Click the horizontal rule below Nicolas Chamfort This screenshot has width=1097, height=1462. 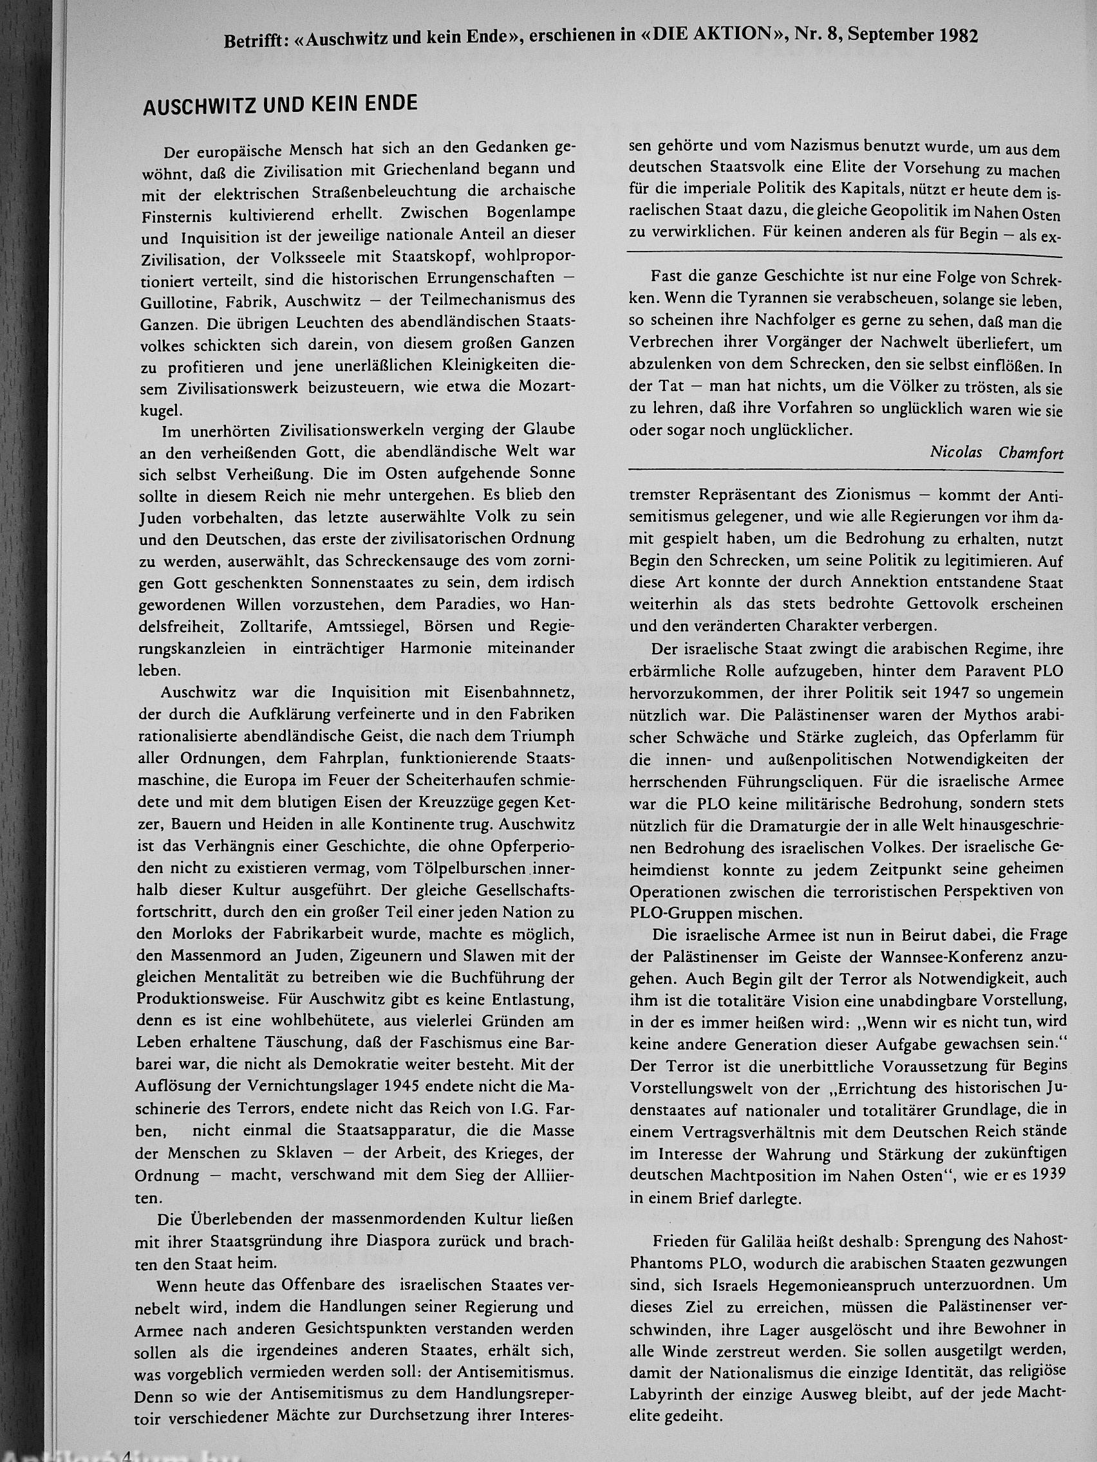click(845, 471)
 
